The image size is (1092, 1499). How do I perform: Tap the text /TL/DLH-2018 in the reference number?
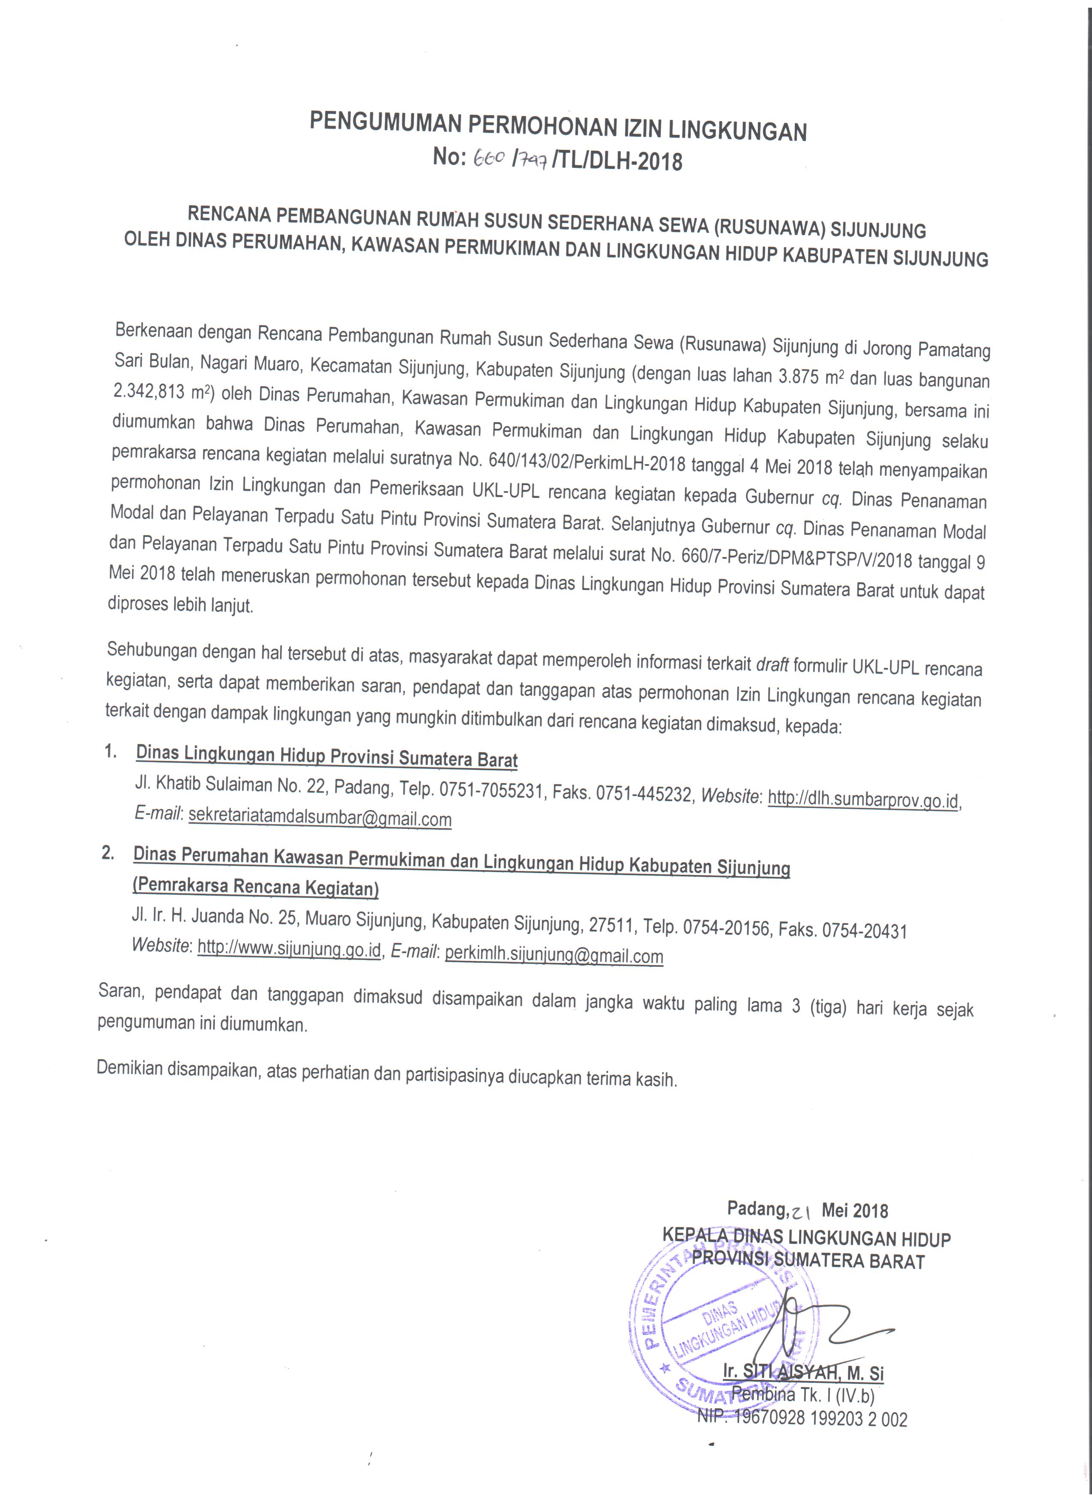(619, 161)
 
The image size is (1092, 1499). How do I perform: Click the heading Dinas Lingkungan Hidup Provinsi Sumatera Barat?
(327, 756)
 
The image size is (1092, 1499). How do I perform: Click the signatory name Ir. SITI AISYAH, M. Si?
(803, 1371)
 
